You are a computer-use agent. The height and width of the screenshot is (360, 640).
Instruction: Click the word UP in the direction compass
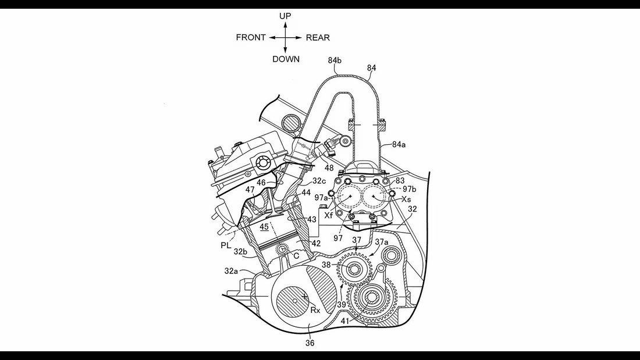coord(285,16)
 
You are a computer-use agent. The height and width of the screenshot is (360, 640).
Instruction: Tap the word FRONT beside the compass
coord(251,38)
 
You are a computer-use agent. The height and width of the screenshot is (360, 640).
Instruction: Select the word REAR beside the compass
coord(318,38)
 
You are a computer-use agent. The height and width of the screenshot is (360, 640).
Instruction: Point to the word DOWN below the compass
coord(286,59)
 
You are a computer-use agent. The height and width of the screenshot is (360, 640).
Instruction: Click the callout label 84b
coord(335,60)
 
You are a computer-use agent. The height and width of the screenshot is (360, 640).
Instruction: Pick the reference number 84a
coord(400,144)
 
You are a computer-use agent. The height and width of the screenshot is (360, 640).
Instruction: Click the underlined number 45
coord(265,227)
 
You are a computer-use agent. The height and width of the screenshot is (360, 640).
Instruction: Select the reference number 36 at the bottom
coord(310,343)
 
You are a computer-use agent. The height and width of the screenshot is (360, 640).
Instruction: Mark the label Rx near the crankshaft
coord(315,310)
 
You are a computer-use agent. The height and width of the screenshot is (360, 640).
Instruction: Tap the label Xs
coord(406,199)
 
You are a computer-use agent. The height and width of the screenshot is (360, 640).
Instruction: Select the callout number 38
coord(326,265)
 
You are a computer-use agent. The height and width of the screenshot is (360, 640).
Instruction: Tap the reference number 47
coord(250,190)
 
